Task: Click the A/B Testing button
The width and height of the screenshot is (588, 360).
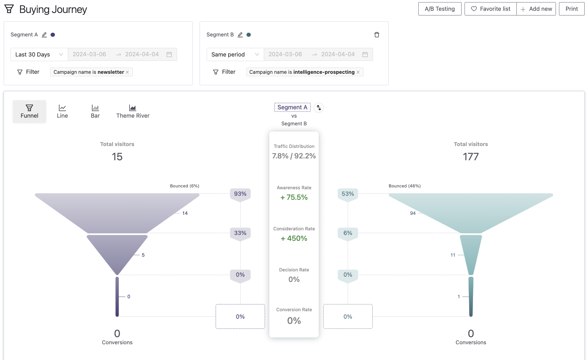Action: [440, 9]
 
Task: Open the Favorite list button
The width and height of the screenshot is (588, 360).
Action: [491, 9]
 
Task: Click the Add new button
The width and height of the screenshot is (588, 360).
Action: [536, 9]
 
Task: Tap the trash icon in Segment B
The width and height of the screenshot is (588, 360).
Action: [377, 35]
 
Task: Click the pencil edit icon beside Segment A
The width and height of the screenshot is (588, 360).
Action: [44, 35]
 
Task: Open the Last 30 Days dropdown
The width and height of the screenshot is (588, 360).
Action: [39, 55]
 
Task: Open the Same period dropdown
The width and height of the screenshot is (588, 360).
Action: [235, 55]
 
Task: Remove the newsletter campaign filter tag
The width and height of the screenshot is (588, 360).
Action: [127, 72]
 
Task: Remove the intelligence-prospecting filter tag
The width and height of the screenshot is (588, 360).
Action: [358, 72]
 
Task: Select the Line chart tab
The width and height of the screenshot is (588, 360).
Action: [62, 111]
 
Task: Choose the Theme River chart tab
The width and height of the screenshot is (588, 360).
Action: [133, 111]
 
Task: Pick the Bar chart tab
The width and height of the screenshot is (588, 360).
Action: [95, 111]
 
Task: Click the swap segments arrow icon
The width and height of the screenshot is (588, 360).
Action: [319, 108]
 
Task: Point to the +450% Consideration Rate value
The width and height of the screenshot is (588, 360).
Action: [294, 238]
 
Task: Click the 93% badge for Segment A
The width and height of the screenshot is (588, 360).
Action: [240, 194]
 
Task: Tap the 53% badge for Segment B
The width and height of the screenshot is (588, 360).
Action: [348, 194]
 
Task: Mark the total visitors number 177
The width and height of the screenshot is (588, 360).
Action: [470, 157]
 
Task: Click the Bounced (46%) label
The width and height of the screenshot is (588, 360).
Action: [404, 186]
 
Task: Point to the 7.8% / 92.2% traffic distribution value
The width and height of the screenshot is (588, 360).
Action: [294, 156]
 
